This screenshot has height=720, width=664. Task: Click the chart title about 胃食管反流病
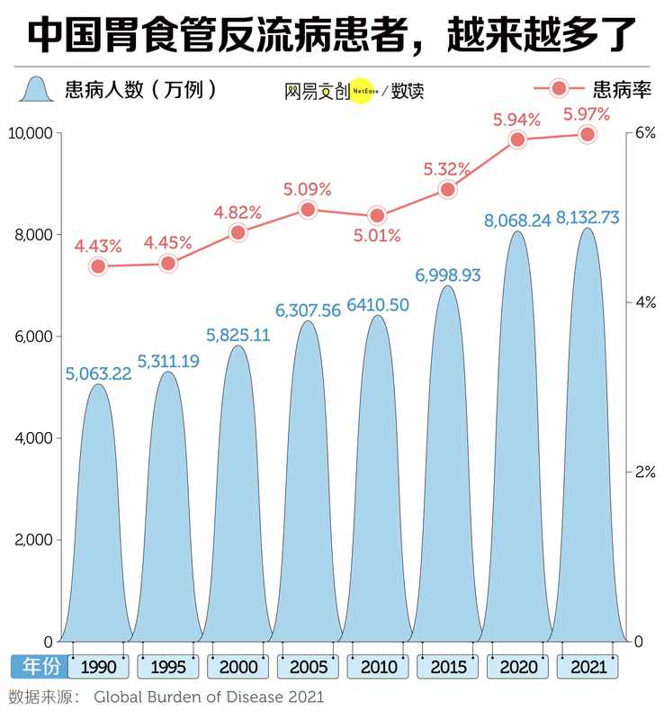coord(331,34)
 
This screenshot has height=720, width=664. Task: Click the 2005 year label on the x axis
coord(308,667)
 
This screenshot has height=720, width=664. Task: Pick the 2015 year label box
coord(447,667)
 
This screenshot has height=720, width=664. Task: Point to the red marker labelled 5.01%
coord(377,215)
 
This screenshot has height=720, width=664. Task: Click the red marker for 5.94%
coord(517,139)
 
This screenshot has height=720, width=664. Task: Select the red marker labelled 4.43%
coord(98,266)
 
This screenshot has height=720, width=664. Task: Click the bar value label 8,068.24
coord(516,220)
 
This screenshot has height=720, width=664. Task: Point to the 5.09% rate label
coord(308,190)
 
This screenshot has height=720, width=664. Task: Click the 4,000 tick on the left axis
coord(35,438)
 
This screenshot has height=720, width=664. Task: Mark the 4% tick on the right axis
coord(644,302)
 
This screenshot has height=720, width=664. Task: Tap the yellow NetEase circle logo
coord(360,90)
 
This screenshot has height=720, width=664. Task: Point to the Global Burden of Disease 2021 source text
coord(208,697)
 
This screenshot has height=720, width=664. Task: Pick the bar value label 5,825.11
coord(238,336)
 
